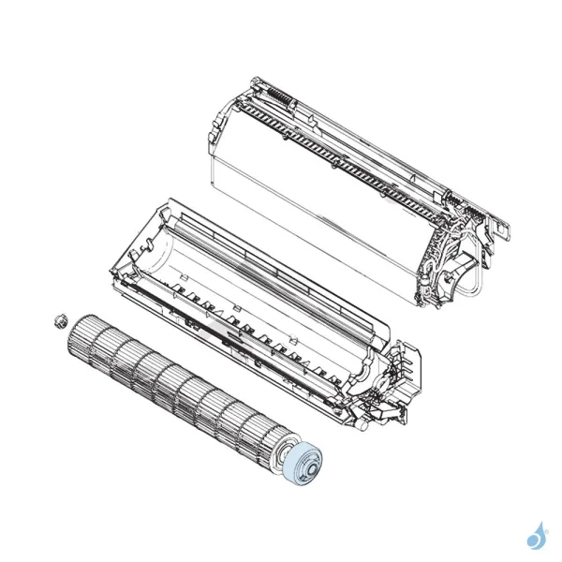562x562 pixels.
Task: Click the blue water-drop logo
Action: tap(537, 536)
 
